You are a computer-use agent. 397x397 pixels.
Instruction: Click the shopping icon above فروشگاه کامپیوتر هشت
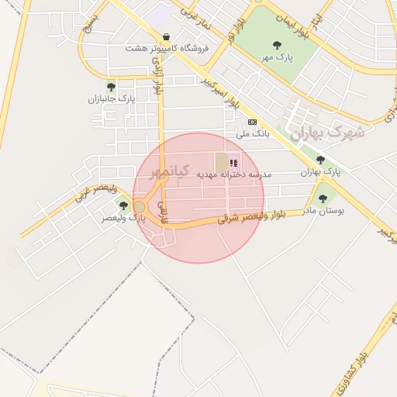pos(167,36)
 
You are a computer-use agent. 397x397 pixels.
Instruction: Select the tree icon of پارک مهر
pos(277,46)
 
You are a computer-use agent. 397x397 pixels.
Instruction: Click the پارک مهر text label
pos(277,58)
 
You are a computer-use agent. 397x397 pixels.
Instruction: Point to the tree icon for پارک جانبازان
pos(111,87)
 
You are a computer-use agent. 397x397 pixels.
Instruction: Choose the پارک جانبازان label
pos(111,99)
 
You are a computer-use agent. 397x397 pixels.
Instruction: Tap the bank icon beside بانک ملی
pos(252,122)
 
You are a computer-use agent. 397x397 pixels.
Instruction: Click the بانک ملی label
pos(252,133)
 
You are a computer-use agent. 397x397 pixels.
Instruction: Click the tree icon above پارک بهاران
pos(320,159)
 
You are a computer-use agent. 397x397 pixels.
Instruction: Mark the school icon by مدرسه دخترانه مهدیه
pos(234,164)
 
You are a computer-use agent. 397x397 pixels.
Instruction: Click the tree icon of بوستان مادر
pos(323,198)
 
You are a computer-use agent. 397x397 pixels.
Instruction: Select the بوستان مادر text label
pos(323,210)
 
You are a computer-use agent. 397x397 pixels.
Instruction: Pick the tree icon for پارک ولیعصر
pos(123,205)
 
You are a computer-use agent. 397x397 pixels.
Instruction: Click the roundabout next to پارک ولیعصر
pos(140,206)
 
